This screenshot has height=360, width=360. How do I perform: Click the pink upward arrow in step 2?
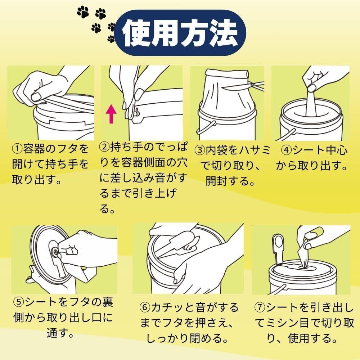tap(111, 114)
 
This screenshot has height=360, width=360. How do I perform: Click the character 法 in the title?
tap(224, 33)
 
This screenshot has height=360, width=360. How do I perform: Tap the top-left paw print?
tap(83, 12)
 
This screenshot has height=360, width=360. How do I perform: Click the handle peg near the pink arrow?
tap(136, 113)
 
